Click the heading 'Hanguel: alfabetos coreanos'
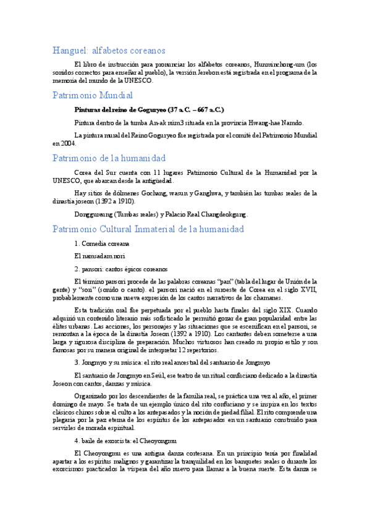coord(108,51)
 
